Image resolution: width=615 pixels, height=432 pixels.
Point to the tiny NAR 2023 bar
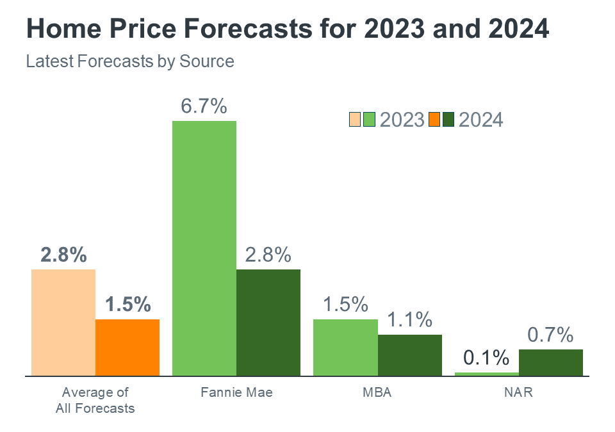486,374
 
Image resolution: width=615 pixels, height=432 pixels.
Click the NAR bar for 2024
551,362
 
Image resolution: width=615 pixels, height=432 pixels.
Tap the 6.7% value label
204,106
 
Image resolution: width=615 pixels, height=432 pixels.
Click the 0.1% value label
486,358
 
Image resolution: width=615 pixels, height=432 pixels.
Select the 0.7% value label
550,335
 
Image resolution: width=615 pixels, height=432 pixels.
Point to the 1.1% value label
409,319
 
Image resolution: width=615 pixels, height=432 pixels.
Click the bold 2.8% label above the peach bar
63,255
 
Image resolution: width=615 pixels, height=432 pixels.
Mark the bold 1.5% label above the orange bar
127,304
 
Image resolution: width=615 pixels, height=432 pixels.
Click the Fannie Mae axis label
236,392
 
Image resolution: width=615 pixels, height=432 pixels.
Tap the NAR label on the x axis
518,392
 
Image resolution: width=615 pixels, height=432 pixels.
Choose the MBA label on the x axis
377,392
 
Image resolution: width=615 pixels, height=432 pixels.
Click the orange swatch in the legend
434,120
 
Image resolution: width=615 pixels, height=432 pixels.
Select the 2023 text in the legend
402,120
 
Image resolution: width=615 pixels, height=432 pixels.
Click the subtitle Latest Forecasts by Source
130,61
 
